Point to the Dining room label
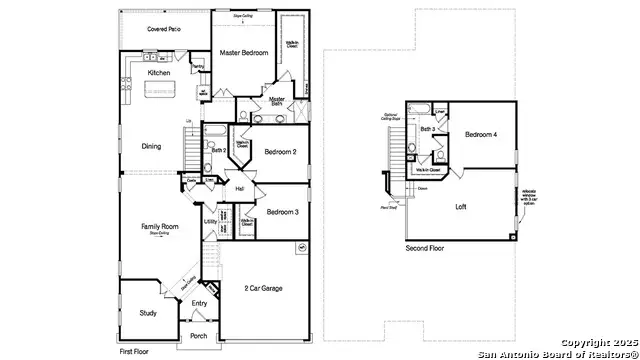pyautogui.click(x=151, y=146)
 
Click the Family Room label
pyautogui.click(x=159, y=228)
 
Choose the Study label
pyautogui.click(x=148, y=313)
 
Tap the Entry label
pyautogui.click(x=200, y=303)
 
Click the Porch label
pyautogui.click(x=199, y=336)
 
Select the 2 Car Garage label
pyautogui.click(x=263, y=288)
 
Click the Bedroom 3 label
pyautogui.click(x=283, y=212)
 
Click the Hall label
pyautogui.click(x=240, y=188)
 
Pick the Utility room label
pyautogui.click(x=211, y=222)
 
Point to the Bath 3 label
pyautogui.click(x=427, y=130)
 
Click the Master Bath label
pyautogui.click(x=277, y=102)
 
